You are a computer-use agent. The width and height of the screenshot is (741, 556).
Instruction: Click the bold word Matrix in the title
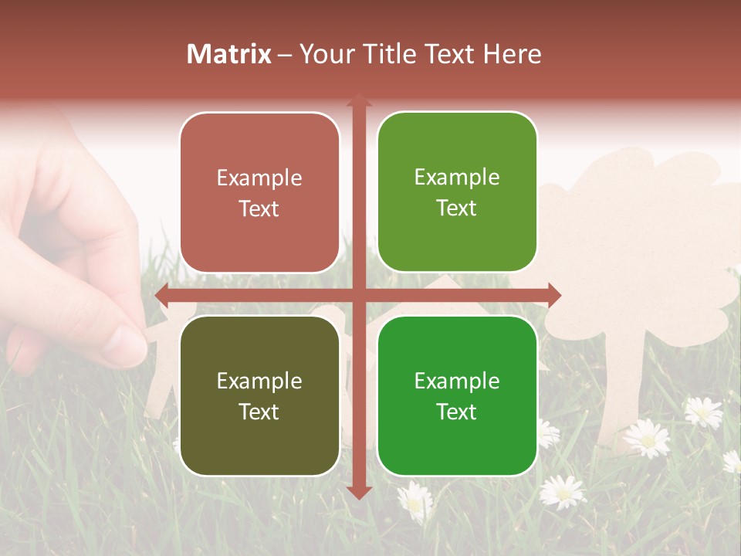point(229,54)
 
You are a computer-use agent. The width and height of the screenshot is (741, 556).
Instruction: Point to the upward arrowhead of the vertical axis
point(359,100)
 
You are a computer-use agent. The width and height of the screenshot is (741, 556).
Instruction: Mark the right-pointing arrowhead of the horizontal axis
point(554,295)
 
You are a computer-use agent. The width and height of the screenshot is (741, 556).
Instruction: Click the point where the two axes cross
point(359,295)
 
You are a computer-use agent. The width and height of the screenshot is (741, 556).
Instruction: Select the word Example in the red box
point(259,178)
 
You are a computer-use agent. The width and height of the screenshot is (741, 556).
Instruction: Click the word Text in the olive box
point(259,412)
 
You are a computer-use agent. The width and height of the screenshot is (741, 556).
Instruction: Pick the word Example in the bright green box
point(457,381)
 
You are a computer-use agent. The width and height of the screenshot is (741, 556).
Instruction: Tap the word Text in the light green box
point(457,208)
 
